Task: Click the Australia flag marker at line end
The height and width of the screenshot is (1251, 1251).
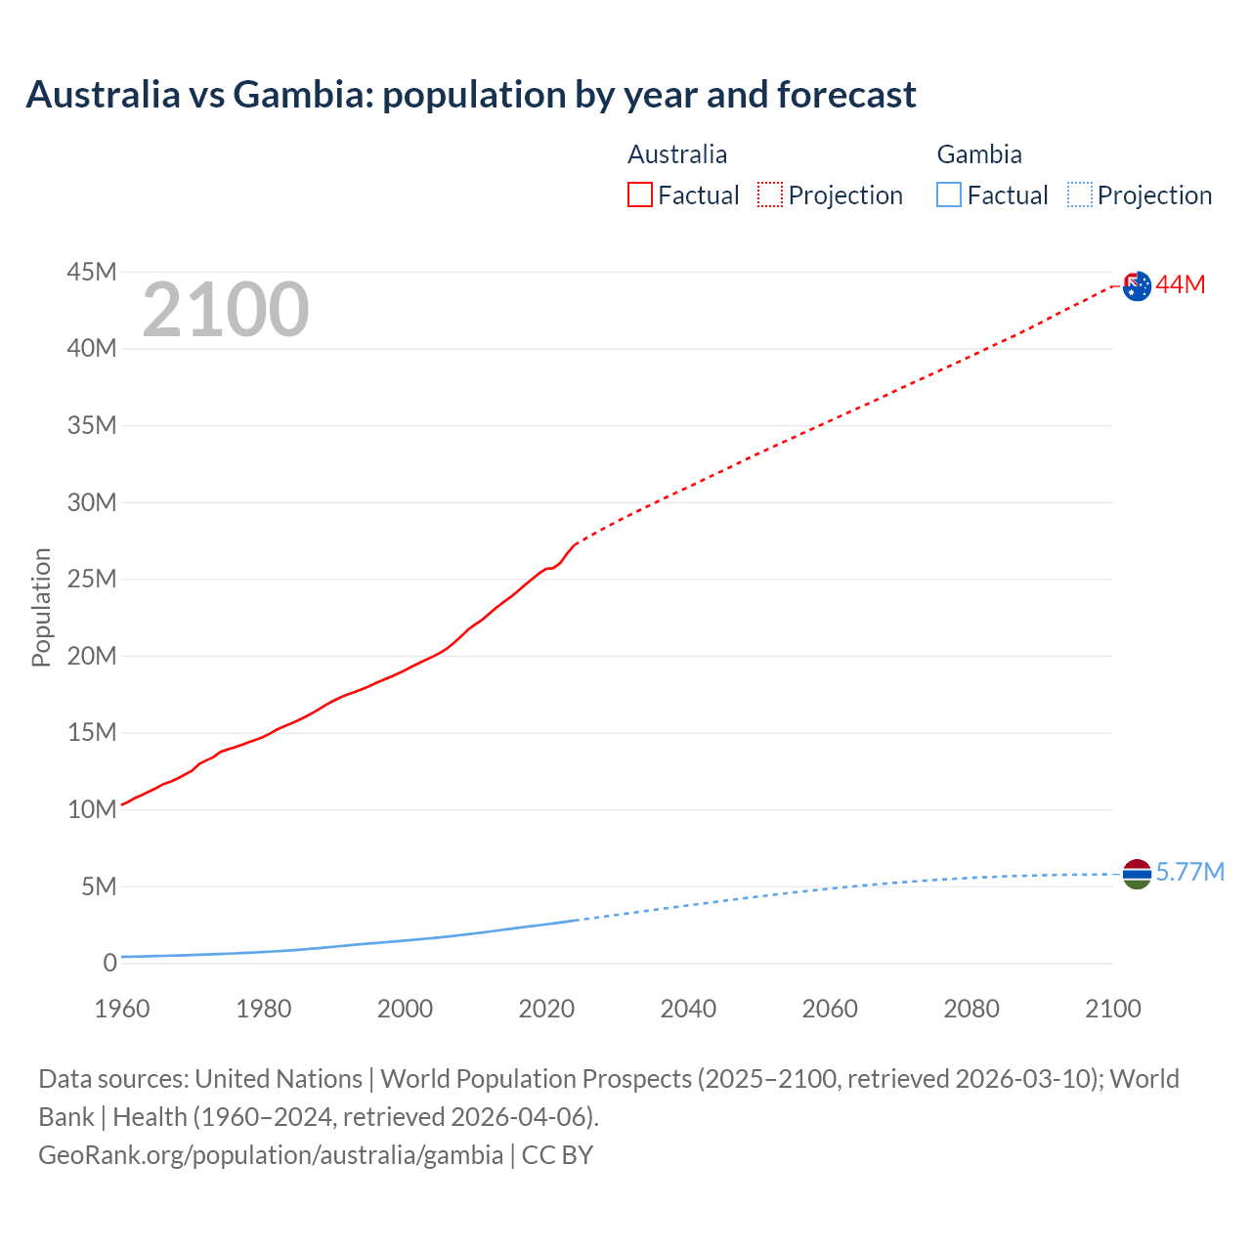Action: pyautogui.click(x=1137, y=285)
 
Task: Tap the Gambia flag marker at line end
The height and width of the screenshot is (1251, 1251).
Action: pyautogui.click(x=1137, y=874)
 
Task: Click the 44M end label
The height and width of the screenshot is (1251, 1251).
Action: pyautogui.click(x=1181, y=284)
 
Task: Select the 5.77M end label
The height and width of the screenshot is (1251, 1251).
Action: pyautogui.click(x=1189, y=872)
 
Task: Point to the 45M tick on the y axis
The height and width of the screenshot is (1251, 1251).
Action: pyautogui.click(x=92, y=272)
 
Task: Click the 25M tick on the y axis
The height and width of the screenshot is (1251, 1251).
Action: pyautogui.click(x=92, y=579)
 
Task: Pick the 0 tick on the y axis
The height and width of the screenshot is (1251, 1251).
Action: pyautogui.click(x=109, y=963)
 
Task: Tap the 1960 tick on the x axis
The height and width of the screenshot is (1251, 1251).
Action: pyautogui.click(x=122, y=1009)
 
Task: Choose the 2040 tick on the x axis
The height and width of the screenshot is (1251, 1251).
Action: pyautogui.click(x=688, y=1009)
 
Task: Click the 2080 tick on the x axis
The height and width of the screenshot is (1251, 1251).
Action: pyautogui.click(x=971, y=1009)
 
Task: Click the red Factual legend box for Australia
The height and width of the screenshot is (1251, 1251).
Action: pyautogui.click(x=640, y=195)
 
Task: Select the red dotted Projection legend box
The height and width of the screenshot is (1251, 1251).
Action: pyautogui.click(x=770, y=195)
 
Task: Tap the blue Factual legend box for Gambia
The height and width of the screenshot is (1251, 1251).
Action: pyautogui.click(x=949, y=195)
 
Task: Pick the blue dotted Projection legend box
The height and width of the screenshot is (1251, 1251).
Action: pyautogui.click(x=1080, y=195)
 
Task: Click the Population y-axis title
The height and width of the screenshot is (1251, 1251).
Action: pyautogui.click(x=41, y=607)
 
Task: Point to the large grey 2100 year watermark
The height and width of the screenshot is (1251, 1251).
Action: pyautogui.click(x=226, y=310)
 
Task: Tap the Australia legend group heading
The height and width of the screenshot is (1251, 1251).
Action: pyautogui.click(x=677, y=154)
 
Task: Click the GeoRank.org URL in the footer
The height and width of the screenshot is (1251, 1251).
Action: pyautogui.click(x=271, y=1154)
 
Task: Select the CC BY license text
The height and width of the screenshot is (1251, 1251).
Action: pyautogui.click(x=557, y=1154)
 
